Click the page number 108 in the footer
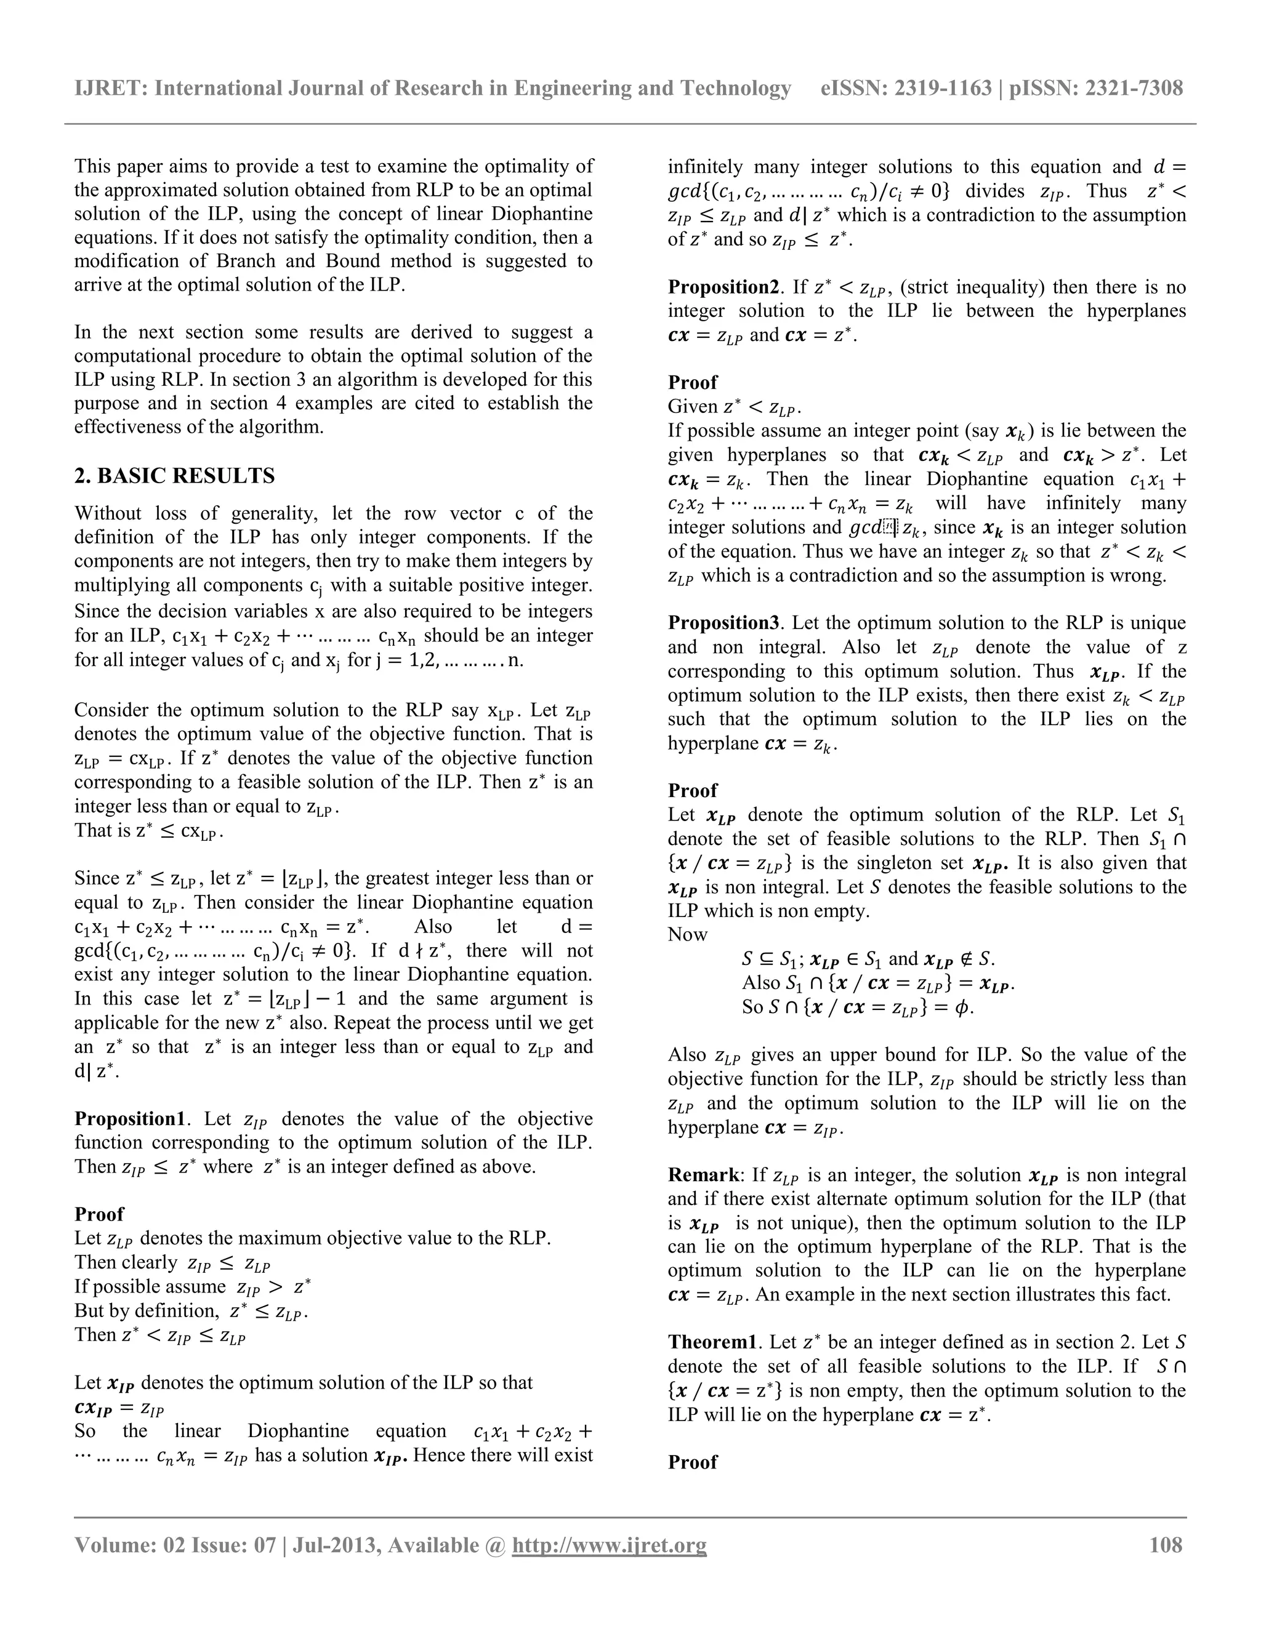(1166, 1545)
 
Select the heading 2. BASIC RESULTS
(174, 476)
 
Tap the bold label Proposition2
(723, 287)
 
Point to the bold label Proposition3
(723, 623)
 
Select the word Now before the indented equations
(687, 935)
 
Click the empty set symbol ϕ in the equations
(964, 1008)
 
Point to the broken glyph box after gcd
(890, 528)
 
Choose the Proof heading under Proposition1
(99, 1214)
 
